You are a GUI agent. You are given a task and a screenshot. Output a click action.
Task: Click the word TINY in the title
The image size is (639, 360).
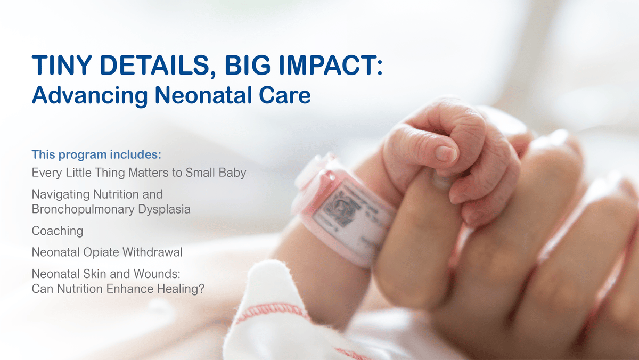click(x=62, y=66)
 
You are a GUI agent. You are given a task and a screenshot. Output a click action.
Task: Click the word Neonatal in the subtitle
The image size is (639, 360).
click(x=203, y=95)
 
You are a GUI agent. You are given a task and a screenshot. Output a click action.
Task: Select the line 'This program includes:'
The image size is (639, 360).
click(x=96, y=154)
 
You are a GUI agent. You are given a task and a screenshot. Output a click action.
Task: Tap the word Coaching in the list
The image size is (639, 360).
click(x=58, y=231)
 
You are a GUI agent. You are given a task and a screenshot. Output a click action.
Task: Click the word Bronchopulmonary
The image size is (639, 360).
click(x=83, y=210)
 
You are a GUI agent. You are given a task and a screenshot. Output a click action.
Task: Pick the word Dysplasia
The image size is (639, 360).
click(x=165, y=210)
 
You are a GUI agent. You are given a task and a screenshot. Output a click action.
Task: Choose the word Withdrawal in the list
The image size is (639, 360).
click(x=152, y=252)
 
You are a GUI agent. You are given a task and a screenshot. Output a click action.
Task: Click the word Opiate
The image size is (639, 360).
click(x=101, y=253)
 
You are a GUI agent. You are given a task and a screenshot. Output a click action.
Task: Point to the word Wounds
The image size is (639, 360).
click(x=157, y=274)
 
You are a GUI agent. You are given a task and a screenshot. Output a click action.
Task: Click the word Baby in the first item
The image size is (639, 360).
click(x=232, y=173)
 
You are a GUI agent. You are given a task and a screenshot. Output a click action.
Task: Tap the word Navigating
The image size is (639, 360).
click(x=61, y=195)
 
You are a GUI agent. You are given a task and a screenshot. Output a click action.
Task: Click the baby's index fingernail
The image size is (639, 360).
click(x=445, y=154)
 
